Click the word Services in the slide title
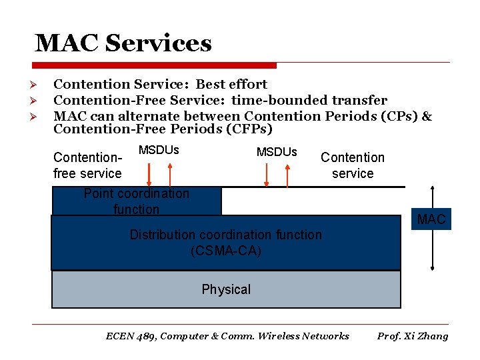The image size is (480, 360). [159, 44]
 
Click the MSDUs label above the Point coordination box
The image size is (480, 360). [159, 150]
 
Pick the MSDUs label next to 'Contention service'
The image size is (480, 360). [277, 152]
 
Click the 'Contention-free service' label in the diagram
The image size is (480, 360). [87, 165]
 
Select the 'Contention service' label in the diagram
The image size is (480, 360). [353, 165]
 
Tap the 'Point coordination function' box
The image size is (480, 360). [136, 201]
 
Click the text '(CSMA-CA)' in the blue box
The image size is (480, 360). [225, 251]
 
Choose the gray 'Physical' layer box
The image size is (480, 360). [226, 289]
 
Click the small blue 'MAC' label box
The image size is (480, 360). [431, 219]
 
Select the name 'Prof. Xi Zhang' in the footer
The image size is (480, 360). [413, 336]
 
